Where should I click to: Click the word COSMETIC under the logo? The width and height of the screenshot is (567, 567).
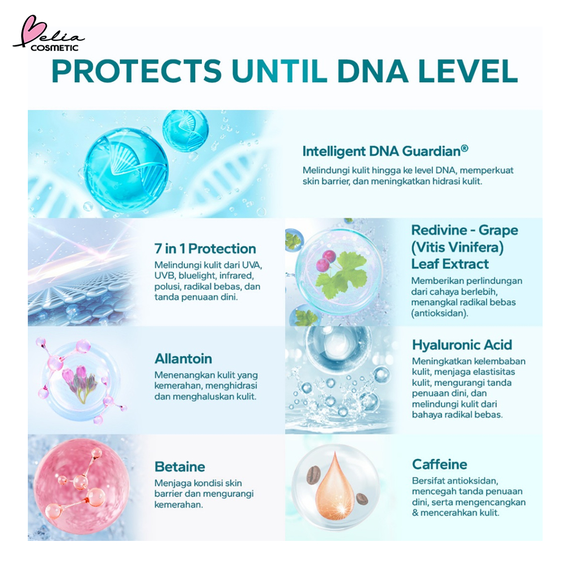54,48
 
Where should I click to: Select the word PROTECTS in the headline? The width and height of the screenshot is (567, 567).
136,71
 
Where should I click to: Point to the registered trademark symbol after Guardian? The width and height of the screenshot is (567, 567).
465,148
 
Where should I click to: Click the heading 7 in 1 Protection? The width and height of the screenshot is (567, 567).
205,249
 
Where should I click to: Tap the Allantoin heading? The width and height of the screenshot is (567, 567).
183,359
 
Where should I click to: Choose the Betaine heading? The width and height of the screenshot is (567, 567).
180,467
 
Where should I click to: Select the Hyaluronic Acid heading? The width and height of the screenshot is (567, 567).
462,345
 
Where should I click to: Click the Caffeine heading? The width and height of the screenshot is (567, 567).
439,464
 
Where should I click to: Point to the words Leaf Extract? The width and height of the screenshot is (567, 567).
450,264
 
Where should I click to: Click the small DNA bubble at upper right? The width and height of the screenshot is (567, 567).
185,129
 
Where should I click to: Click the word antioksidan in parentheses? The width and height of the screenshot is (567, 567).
439,313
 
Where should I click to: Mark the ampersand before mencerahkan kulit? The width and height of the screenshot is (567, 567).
415,513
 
